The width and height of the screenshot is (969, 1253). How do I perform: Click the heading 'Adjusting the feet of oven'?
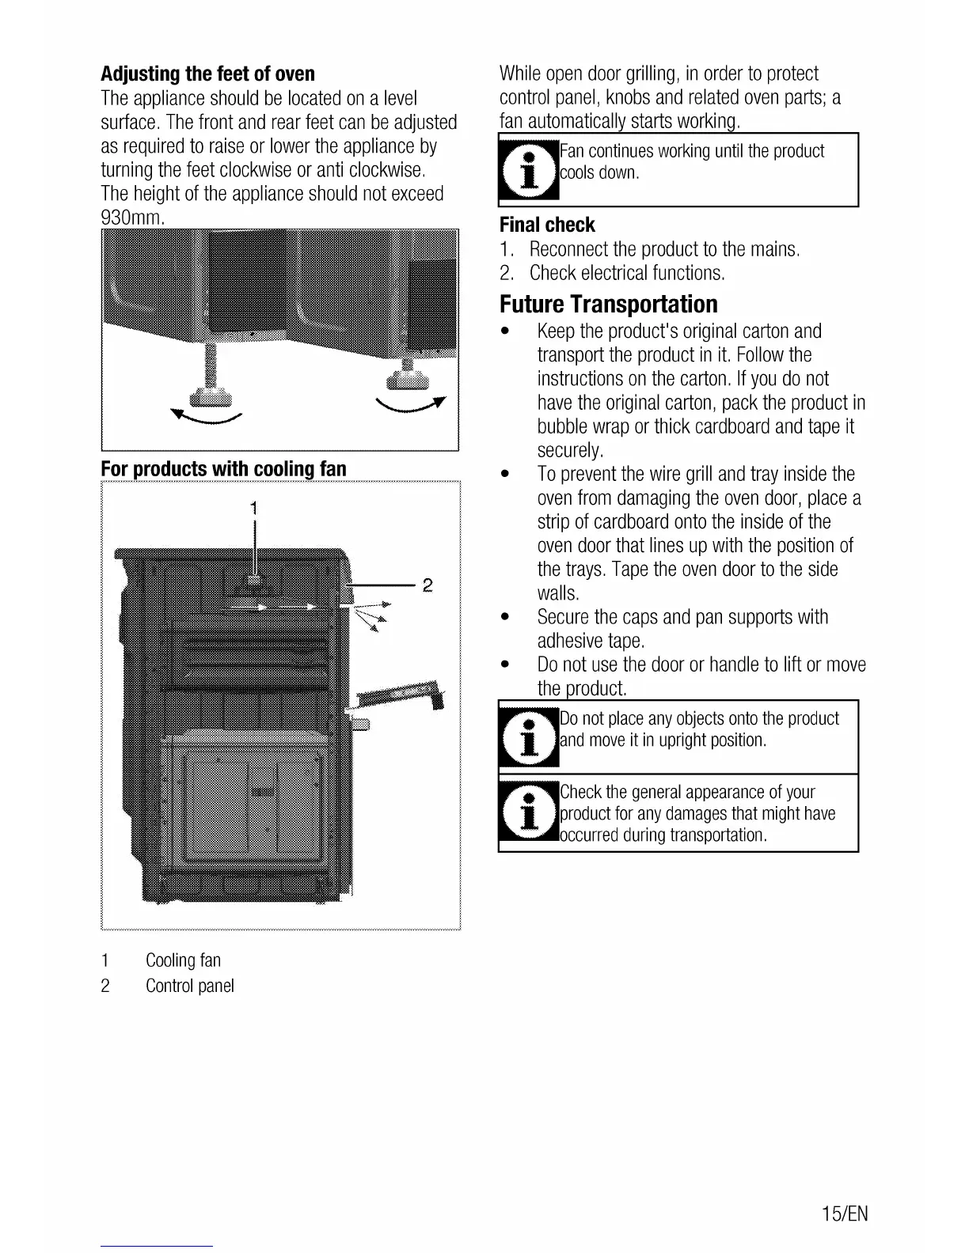click(x=207, y=74)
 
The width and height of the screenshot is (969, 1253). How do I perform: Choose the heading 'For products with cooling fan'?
click(x=223, y=469)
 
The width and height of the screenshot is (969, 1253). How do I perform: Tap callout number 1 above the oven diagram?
click(x=253, y=507)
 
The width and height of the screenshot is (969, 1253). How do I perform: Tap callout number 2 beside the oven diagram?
click(x=427, y=585)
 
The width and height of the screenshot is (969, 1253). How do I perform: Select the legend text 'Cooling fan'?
click(x=183, y=960)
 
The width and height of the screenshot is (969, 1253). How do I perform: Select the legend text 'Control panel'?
click(x=189, y=986)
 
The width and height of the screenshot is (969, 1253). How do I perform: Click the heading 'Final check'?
click(x=547, y=225)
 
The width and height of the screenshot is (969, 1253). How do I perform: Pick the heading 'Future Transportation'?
click(x=608, y=305)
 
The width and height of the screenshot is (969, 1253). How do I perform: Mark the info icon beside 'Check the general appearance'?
click(x=528, y=812)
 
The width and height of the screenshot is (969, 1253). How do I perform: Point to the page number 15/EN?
click(x=845, y=1213)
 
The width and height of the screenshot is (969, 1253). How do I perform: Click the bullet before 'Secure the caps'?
click(x=504, y=617)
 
